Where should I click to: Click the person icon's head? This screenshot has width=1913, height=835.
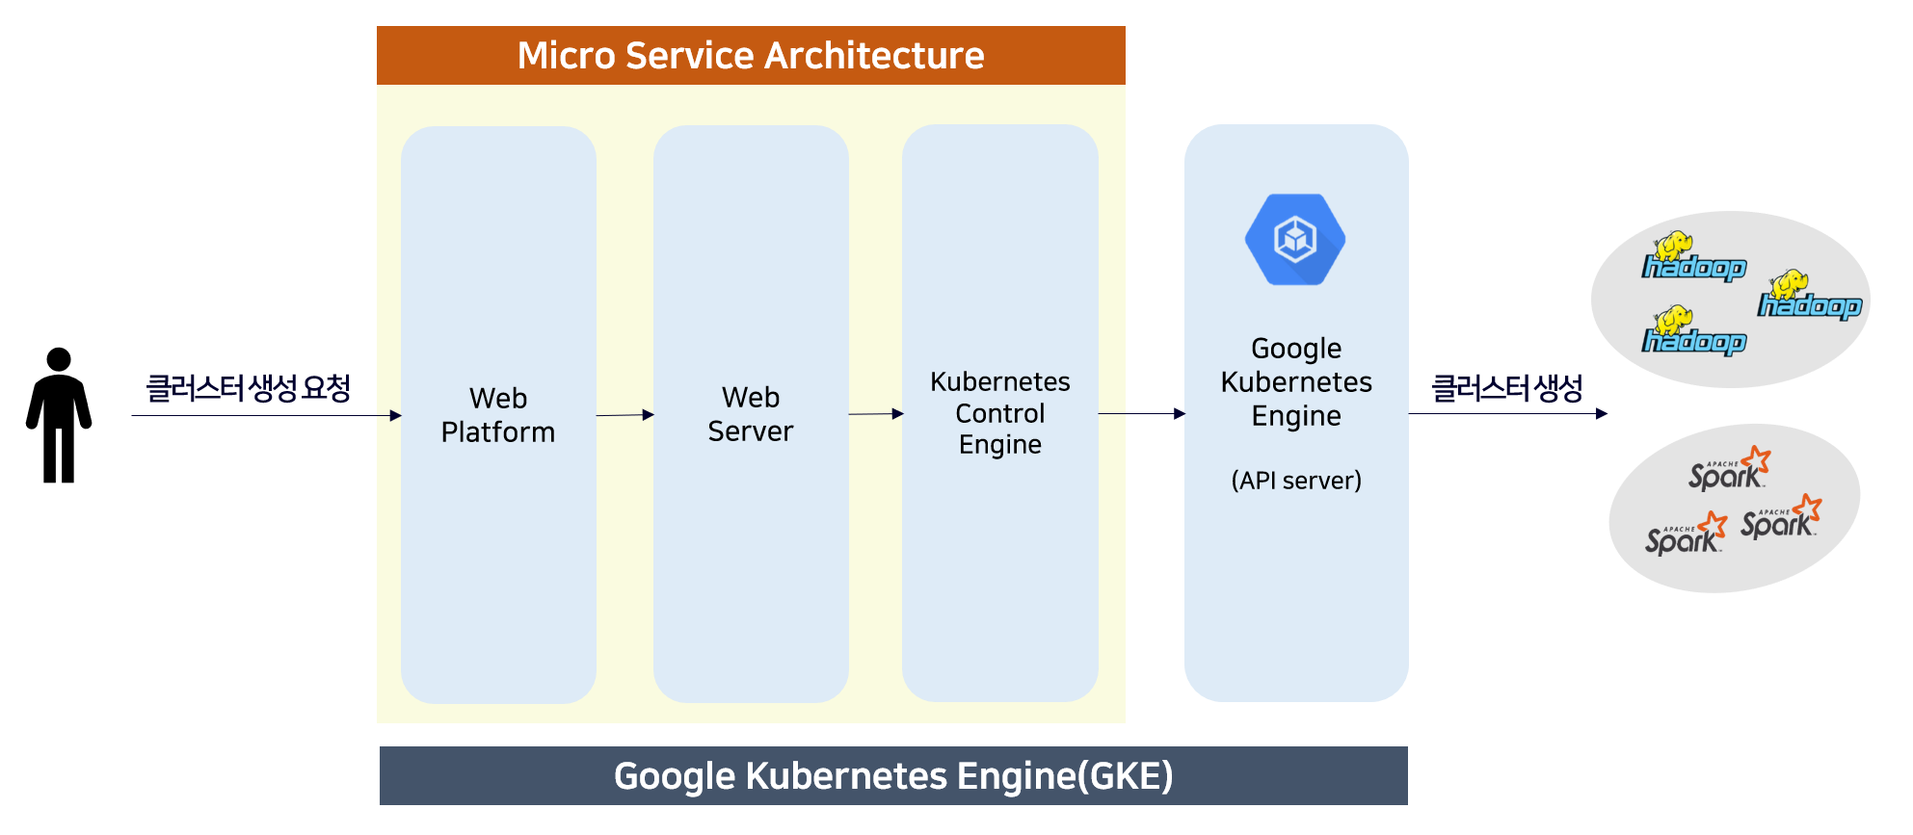tap(59, 359)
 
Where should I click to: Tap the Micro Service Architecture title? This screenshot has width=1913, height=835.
tap(751, 56)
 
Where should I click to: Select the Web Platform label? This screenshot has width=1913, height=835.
tap(498, 415)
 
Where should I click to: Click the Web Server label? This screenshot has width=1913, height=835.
tap(751, 414)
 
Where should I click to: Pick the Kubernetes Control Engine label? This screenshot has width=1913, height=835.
tap(1000, 413)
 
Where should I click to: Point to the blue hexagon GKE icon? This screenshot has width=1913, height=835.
tap(1295, 240)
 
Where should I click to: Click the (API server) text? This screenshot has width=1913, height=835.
tap(1296, 480)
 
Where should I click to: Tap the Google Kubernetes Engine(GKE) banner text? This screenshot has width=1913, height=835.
tap(893, 776)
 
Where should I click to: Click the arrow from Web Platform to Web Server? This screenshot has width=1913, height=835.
tap(625, 415)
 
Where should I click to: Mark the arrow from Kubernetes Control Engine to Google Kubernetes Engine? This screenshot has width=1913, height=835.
tap(1142, 413)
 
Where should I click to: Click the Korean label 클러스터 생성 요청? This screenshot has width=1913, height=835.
tap(248, 388)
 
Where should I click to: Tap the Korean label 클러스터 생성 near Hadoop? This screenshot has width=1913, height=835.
tap(1507, 388)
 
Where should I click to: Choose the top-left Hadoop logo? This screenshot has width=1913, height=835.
tap(1694, 256)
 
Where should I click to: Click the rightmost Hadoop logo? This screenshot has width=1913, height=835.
tap(1810, 295)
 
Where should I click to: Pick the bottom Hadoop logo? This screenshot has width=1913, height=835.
tap(1694, 330)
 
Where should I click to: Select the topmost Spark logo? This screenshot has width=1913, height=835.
tap(1730, 469)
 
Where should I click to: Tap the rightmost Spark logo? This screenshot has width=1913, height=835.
tap(1781, 517)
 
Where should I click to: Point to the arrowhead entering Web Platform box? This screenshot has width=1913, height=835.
tap(396, 415)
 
